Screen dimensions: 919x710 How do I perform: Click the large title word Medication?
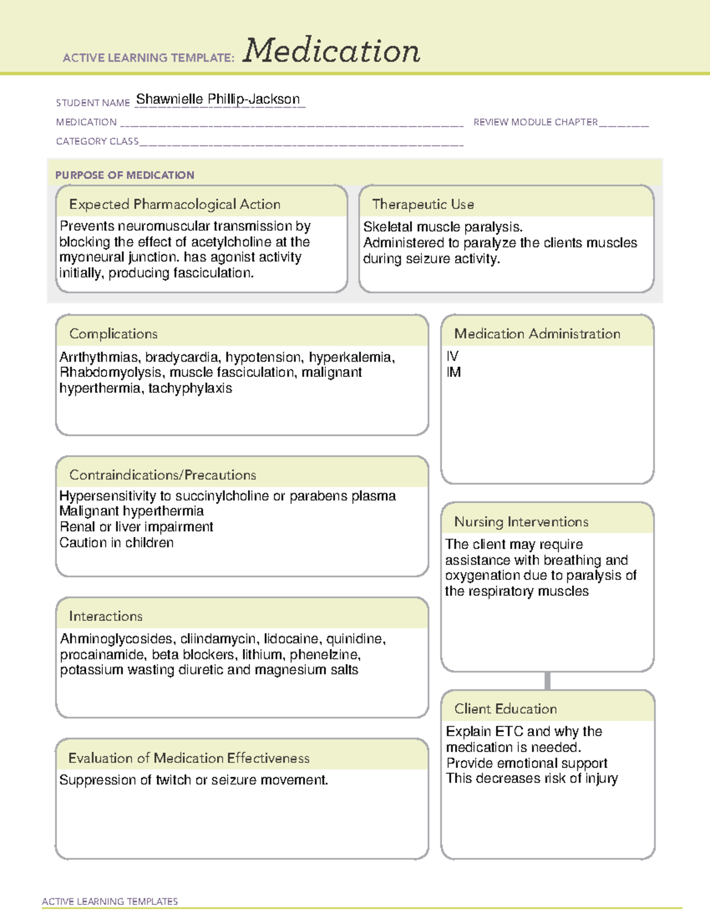[x=331, y=51]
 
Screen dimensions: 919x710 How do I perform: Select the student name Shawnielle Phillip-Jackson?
[x=218, y=99]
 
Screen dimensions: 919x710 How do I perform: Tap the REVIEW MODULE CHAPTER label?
[x=535, y=122]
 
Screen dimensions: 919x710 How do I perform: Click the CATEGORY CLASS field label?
[x=97, y=141]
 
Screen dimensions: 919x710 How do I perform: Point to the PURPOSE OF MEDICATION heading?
[x=124, y=175]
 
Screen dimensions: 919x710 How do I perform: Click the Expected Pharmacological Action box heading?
[x=175, y=205]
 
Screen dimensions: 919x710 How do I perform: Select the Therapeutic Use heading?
[x=422, y=205]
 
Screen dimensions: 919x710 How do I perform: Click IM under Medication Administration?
[x=454, y=373]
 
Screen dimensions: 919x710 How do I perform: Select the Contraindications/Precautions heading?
[x=163, y=475]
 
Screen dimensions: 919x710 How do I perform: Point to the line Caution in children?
[x=117, y=543]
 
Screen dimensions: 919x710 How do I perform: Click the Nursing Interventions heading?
[x=521, y=522]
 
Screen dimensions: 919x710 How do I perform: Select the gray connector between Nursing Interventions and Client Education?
[x=547, y=681]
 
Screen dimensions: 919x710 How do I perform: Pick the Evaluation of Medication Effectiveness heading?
[x=189, y=759]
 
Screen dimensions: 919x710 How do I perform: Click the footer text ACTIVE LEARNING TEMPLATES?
[x=110, y=901]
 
